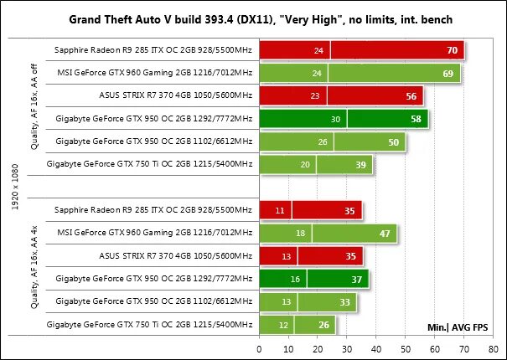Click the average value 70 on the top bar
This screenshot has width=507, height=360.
[x=453, y=51]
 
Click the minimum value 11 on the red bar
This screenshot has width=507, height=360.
[x=280, y=210]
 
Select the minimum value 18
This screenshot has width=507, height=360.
[x=302, y=233]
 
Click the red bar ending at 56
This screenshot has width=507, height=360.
[x=341, y=96]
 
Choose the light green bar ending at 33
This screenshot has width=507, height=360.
[x=308, y=301]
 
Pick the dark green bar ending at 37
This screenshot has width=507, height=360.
[x=313, y=278]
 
